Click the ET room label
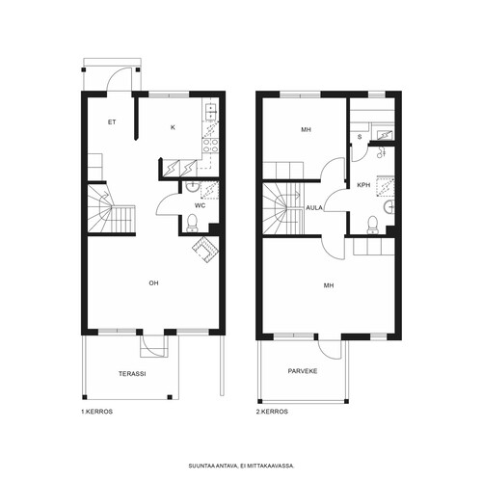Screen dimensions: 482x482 (x=112, y=122)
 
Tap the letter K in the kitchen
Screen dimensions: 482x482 (x=173, y=127)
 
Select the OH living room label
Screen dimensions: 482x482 (x=153, y=283)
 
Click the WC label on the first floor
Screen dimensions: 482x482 (x=200, y=205)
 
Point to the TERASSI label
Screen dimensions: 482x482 (x=132, y=374)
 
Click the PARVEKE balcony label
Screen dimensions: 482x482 (x=303, y=371)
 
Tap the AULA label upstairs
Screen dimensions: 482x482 (x=314, y=208)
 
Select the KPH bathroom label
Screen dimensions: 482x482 (x=363, y=185)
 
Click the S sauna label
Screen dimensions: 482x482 (x=360, y=137)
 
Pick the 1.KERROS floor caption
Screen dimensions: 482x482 (x=96, y=412)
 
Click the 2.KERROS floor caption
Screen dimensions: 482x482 (x=272, y=412)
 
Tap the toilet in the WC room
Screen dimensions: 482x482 (x=192, y=223)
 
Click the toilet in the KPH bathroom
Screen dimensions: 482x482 (x=373, y=225)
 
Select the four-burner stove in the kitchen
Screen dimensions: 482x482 (x=210, y=146)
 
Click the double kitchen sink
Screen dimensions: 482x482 (x=210, y=112)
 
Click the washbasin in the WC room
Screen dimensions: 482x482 (x=193, y=187)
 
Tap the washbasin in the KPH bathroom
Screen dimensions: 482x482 (x=389, y=207)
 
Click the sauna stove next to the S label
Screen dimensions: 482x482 (x=383, y=135)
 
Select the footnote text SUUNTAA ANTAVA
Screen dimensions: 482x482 (x=213, y=466)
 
